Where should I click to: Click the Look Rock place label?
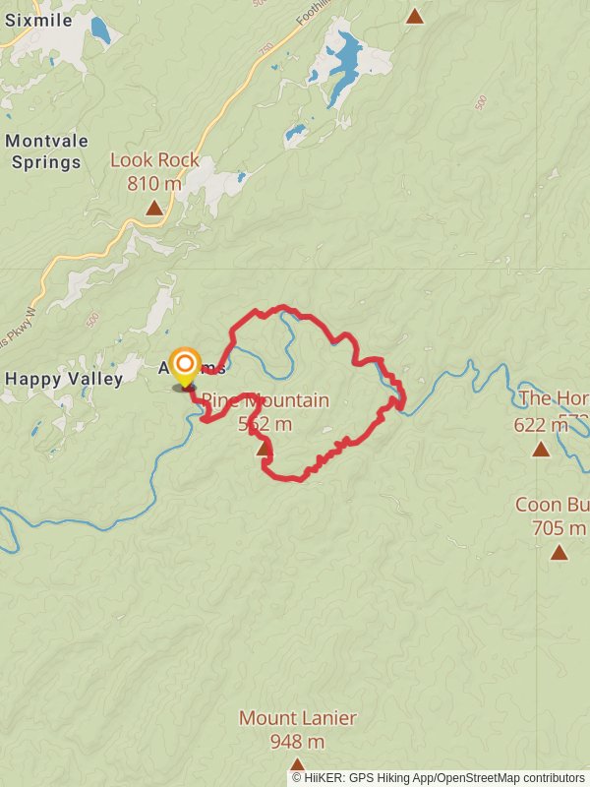(154, 160)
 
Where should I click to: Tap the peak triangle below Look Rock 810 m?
(154, 208)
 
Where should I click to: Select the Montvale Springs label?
(42, 151)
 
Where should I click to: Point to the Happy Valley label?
(64, 379)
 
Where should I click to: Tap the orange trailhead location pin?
(184, 367)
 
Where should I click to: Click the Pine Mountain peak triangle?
(263, 450)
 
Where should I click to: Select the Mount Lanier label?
(297, 719)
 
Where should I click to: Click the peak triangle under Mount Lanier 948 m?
(297, 764)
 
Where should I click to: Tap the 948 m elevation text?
(297, 742)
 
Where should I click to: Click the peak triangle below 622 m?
(540, 450)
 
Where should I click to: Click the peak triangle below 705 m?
(559, 552)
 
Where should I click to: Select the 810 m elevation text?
(154, 183)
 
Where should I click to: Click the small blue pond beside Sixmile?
(100, 30)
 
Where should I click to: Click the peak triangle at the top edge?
(415, 16)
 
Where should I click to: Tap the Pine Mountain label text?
(265, 400)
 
